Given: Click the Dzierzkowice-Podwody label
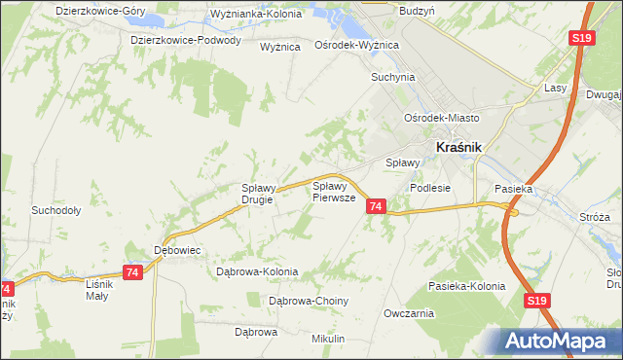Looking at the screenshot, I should [x=186, y=40].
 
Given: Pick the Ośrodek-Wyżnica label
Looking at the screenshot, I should [x=356, y=45].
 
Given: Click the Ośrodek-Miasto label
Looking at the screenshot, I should [x=444, y=118].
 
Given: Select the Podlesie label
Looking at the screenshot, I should [x=430, y=188].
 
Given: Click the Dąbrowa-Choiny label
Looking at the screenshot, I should [x=308, y=301].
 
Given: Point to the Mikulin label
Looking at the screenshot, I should [x=329, y=338].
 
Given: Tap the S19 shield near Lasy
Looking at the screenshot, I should [x=581, y=38].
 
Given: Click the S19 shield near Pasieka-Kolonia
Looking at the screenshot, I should [x=537, y=303].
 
